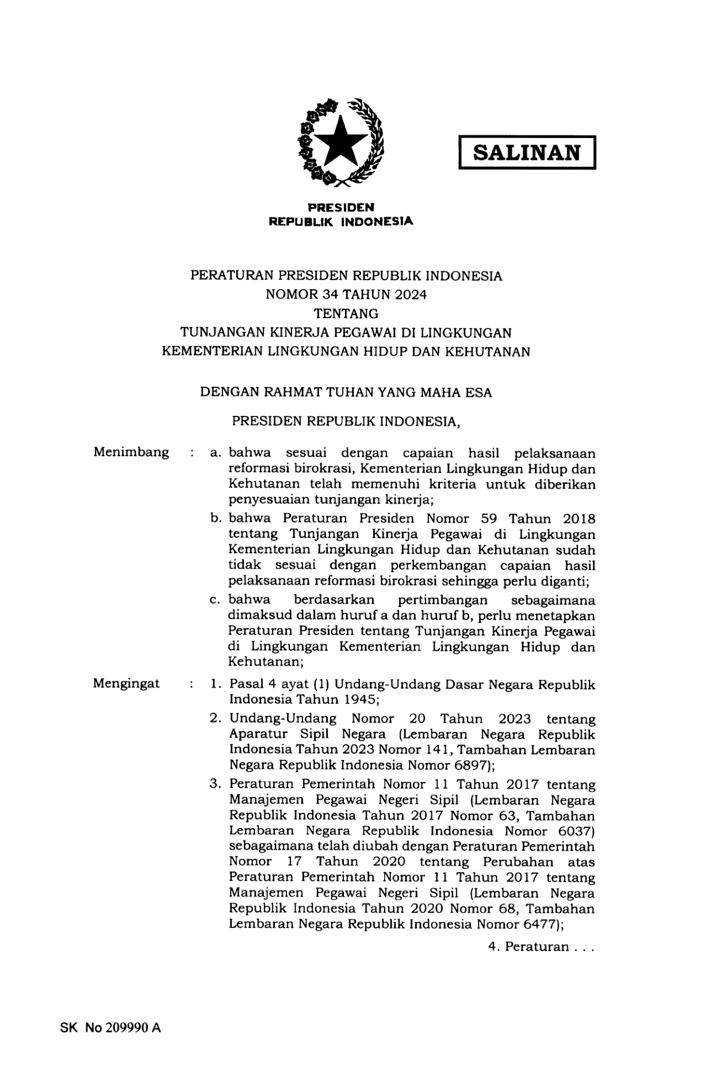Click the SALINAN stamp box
pos(526,152)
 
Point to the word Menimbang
pos(131,453)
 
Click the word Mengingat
pos(127,684)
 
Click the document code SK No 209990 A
pos(110,1028)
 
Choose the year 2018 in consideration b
pos(578,519)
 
